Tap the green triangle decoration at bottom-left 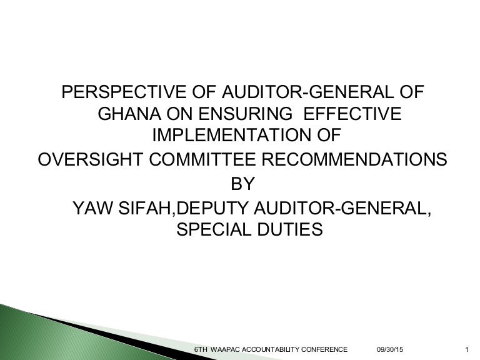point(37,334)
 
